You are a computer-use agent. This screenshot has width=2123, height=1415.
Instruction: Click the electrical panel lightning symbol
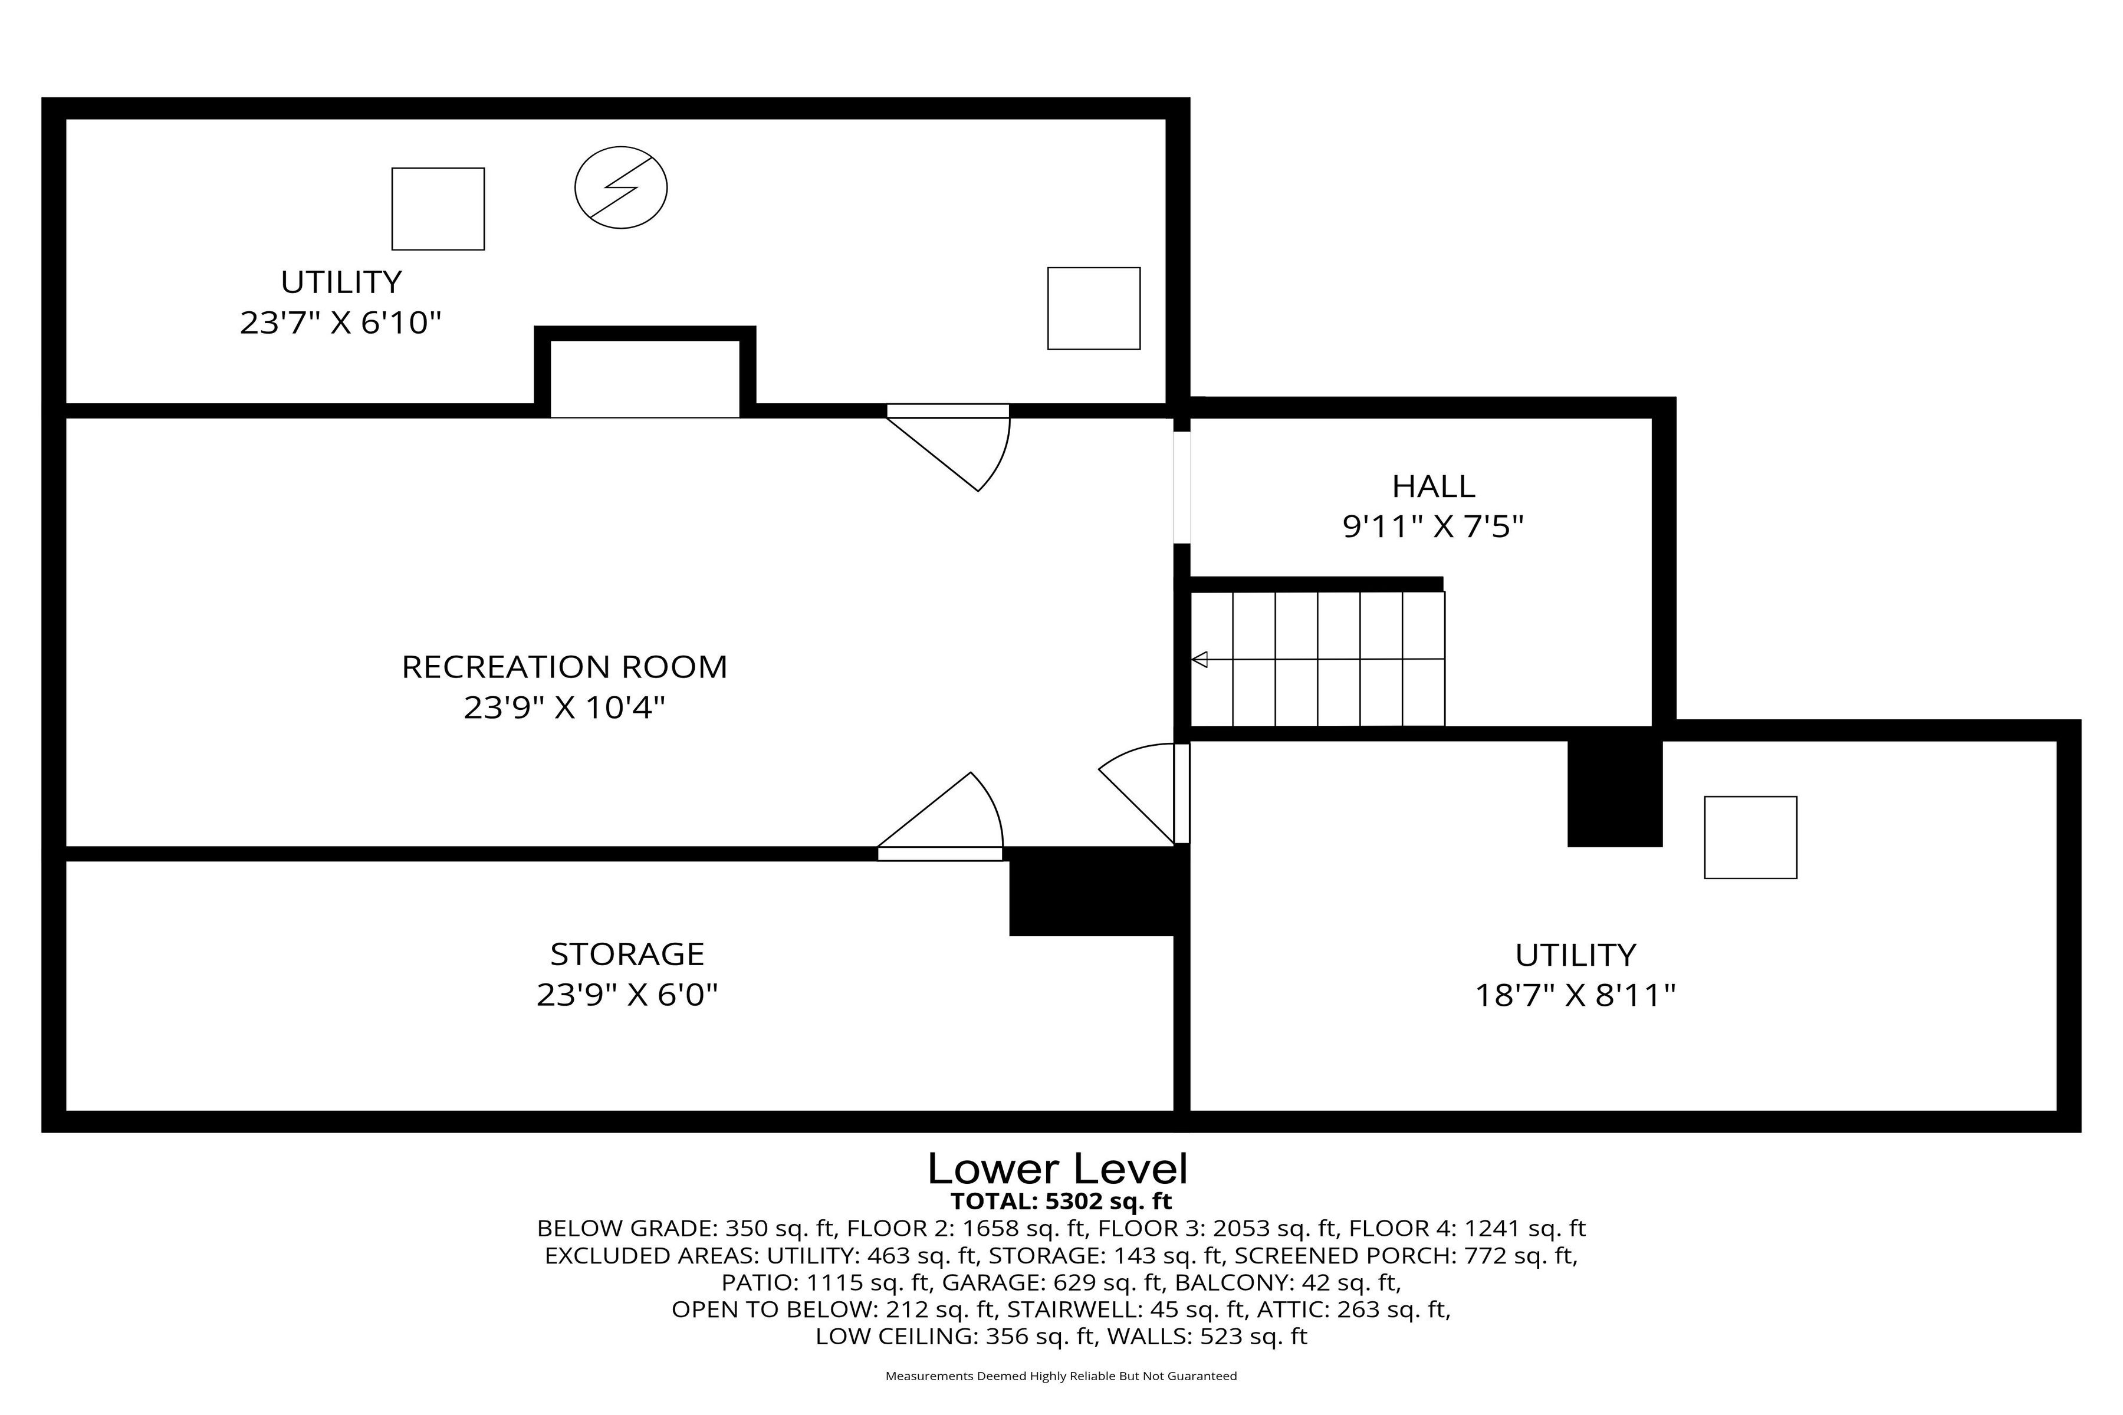coord(621,187)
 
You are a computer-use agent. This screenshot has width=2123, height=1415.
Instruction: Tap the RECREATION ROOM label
coord(564,667)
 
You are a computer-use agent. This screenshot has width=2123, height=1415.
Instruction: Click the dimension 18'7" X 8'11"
coord(1575,995)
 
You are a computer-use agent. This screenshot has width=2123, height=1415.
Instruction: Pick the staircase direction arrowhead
coord(1199,660)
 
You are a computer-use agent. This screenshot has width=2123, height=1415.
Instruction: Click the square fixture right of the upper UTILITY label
coord(438,209)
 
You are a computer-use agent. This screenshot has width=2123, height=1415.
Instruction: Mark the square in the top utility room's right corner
coord(1093,308)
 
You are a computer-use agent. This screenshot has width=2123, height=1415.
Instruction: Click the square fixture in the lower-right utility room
coord(1750,837)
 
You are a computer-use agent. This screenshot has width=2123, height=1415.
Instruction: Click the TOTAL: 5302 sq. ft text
coord(1060,1201)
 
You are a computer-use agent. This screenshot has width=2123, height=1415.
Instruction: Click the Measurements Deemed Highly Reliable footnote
coord(1060,1376)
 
